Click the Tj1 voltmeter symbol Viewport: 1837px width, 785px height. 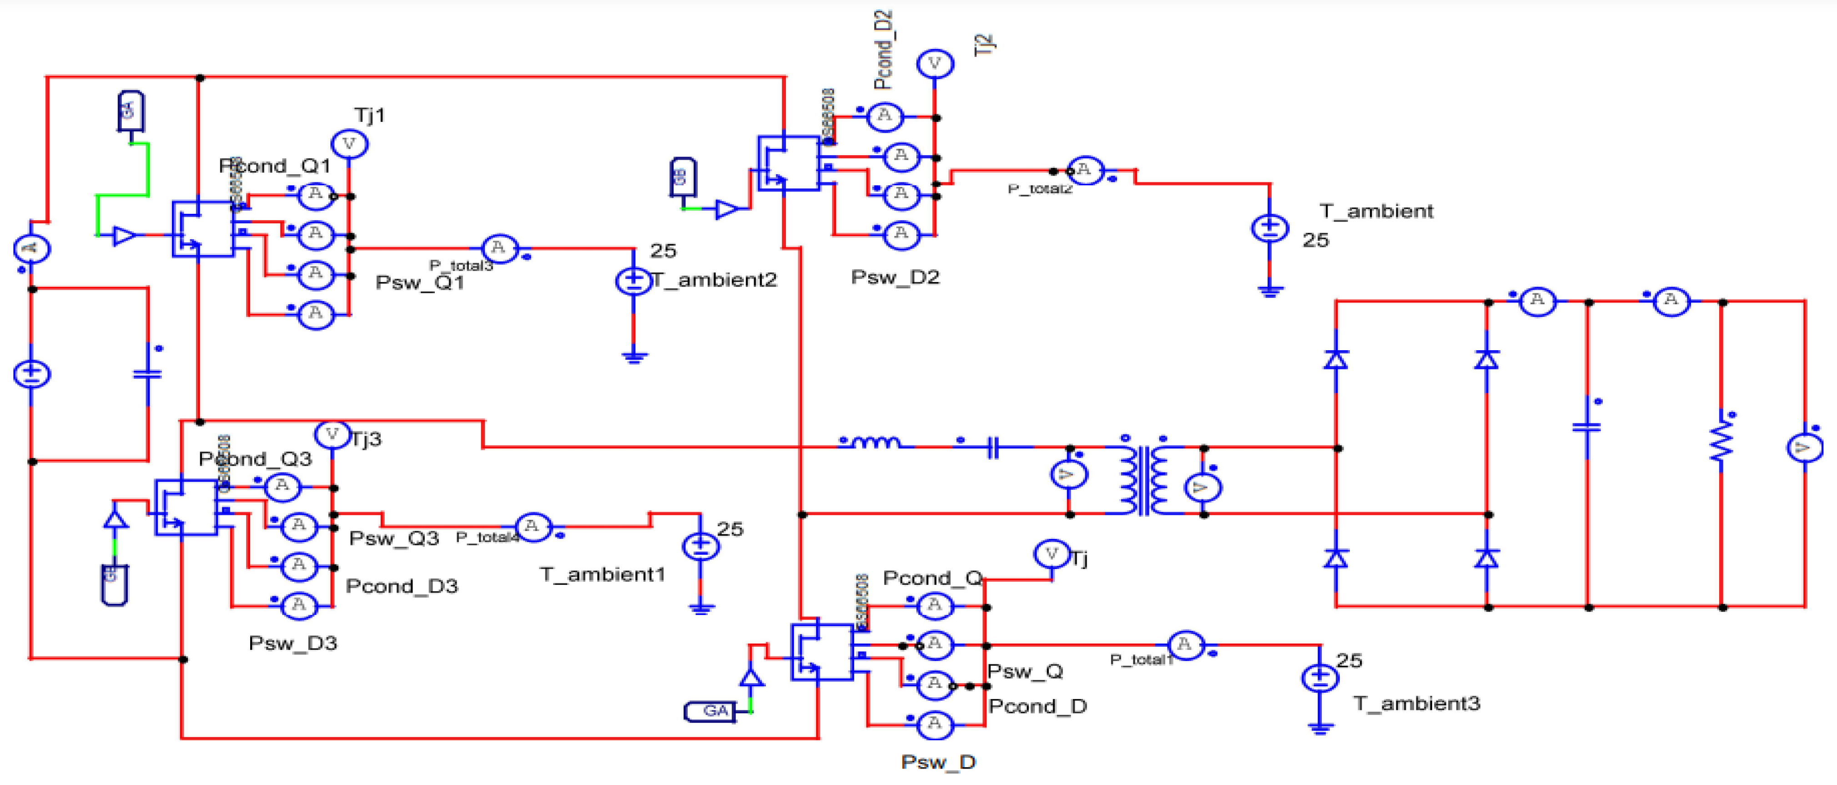[x=349, y=144]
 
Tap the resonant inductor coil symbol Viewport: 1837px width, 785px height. [x=876, y=443]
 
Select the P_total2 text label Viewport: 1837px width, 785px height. [x=1040, y=189]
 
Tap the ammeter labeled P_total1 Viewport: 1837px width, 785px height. [x=1184, y=645]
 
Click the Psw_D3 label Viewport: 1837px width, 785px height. [x=292, y=643]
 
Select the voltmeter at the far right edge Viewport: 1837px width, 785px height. [x=1804, y=448]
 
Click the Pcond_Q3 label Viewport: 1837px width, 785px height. [x=255, y=459]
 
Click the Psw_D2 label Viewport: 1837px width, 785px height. [x=895, y=277]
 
